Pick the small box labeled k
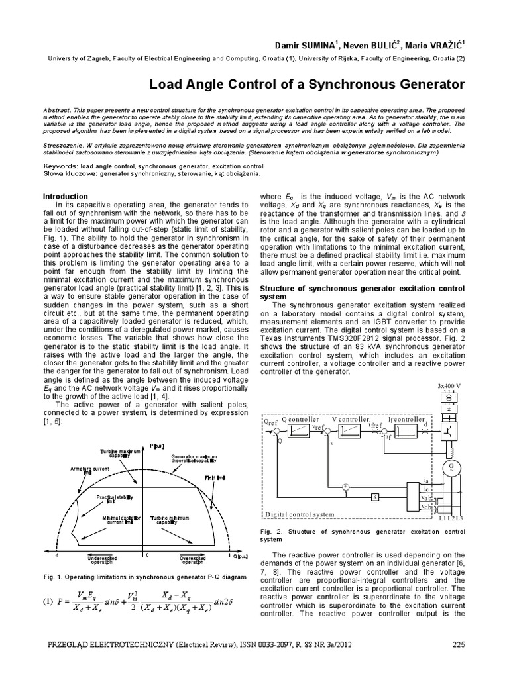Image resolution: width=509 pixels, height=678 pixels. pos(374,496)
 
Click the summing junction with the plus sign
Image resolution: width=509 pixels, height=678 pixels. pos(344,487)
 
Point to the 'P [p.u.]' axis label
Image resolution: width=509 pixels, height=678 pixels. pos(157,445)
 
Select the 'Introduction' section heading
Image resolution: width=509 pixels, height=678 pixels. pos(65,197)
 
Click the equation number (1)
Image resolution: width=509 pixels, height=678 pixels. pos(47,602)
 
